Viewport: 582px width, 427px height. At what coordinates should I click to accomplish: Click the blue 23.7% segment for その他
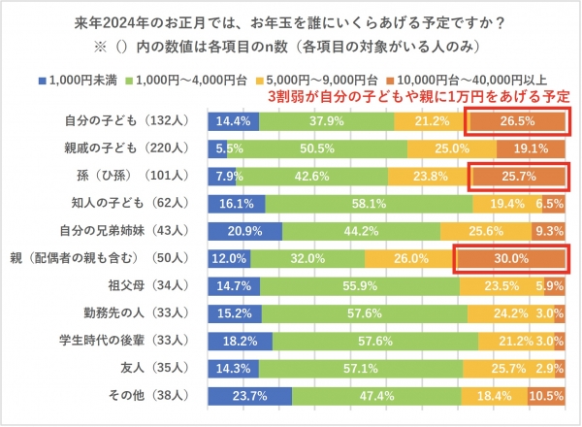click(x=250, y=398)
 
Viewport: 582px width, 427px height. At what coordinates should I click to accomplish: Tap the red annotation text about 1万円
click(x=418, y=97)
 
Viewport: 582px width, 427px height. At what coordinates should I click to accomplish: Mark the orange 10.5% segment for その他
click(x=547, y=398)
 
